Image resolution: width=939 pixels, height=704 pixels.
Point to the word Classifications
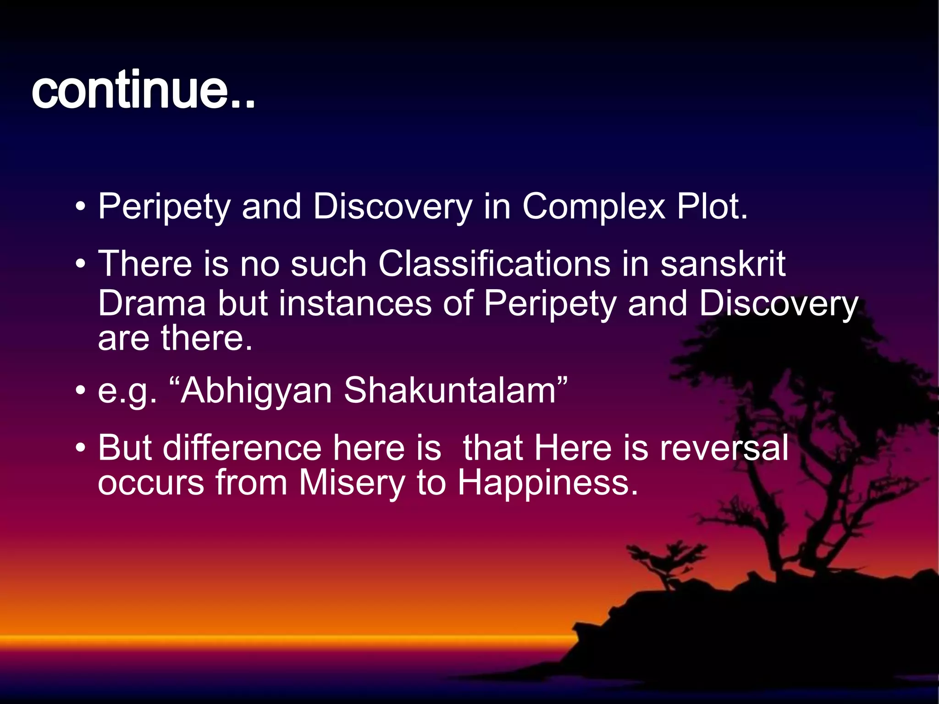494,264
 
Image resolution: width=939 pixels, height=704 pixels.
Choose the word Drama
152,303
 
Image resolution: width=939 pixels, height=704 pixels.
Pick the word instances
355,303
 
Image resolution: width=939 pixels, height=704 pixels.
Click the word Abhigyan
256,391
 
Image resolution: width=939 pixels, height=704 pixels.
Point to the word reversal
724,448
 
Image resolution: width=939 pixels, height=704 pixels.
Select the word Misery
352,484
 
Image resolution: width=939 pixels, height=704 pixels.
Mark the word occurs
151,484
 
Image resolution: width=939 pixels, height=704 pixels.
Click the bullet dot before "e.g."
81,391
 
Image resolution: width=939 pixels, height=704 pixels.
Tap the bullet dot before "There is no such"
81,264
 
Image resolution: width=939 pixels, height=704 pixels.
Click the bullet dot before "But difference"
81,448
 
